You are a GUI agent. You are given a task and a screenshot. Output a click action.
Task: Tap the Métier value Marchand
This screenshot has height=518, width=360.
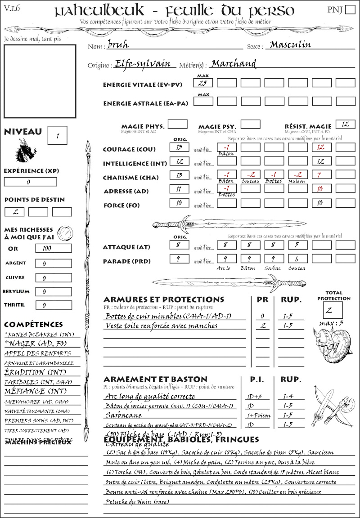pos(234,63)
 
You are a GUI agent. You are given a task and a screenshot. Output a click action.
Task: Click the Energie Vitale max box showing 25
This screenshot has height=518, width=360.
pos(203,83)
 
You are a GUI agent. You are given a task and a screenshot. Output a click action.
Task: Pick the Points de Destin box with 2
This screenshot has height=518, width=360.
pos(14,212)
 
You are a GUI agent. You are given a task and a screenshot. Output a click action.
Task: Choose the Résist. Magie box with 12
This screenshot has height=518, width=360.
pos(345,124)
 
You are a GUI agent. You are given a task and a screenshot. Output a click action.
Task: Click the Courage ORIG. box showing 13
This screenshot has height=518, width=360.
pos(179,147)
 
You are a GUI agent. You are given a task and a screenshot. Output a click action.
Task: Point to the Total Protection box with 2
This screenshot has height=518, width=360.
pos(333,309)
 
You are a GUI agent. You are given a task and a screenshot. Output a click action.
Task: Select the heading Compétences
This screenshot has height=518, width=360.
pos(33,325)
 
